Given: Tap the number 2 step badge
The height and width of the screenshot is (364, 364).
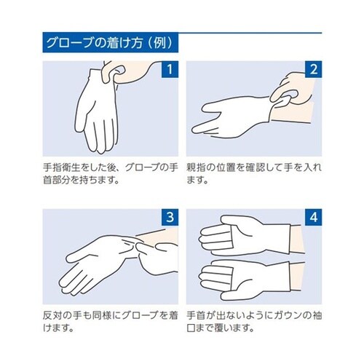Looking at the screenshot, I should point(312,71).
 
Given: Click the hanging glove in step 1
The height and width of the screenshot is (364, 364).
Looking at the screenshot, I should point(98,109).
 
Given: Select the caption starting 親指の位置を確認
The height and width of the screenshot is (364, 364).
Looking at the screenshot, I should point(254,175).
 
